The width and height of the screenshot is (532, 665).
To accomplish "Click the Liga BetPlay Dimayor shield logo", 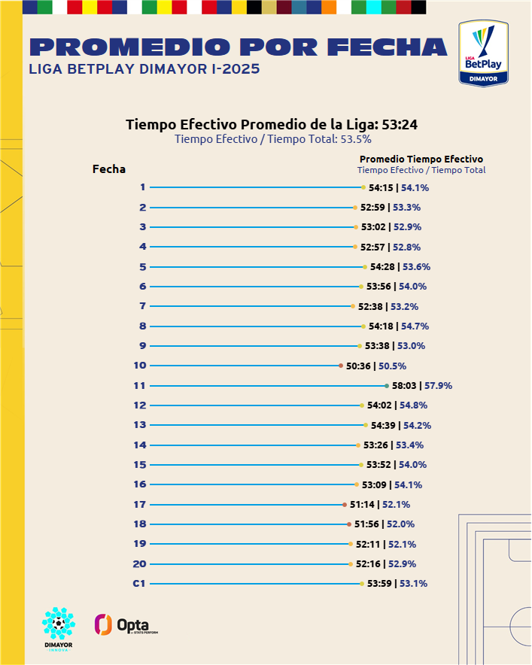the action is [483, 53].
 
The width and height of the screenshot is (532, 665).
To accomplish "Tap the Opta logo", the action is [126, 624].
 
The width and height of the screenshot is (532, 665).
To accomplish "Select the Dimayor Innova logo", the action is [59, 629].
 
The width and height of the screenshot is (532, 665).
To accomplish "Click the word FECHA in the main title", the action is [388, 47].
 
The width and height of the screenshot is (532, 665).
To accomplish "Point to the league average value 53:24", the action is [400, 125].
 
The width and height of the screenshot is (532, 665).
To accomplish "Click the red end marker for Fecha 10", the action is [341, 366].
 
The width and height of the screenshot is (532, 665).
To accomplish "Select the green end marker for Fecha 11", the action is [387, 385].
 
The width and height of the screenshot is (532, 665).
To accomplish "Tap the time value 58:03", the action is [404, 385].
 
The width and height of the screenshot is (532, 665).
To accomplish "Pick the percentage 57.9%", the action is [438, 385].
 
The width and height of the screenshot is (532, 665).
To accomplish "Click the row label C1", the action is [139, 584].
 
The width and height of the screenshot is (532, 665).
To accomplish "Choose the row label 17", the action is [139, 504].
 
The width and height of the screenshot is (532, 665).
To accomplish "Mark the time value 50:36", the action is [358, 366].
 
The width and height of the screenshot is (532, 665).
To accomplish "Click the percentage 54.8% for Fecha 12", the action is [413, 405].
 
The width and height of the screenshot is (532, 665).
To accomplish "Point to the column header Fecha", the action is [109, 169].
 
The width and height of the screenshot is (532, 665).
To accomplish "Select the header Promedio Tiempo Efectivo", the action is [421, 159].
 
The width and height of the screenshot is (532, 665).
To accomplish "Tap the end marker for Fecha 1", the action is [363, 187].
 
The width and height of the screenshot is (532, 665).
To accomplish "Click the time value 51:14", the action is [362, 504].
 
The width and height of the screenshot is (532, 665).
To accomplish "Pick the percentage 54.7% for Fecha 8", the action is [415, 326].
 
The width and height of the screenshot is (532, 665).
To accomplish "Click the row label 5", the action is [143, 267].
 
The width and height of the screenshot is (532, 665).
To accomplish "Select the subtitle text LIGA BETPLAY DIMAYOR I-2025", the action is [144, 69].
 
